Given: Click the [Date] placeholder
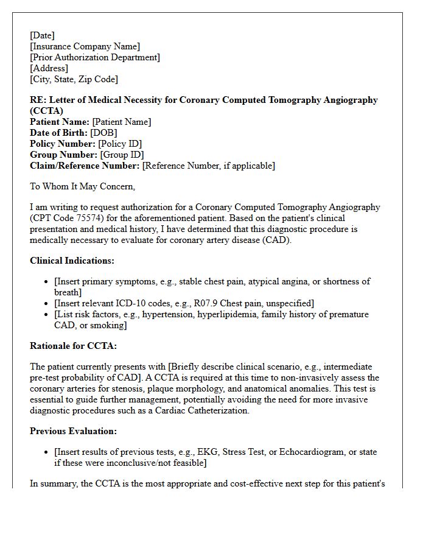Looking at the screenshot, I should coord(42,35).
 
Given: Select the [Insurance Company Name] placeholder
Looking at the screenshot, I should coord(85,46).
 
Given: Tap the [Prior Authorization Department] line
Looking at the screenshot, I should coord(95,57).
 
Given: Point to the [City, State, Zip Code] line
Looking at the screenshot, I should coord(74,79).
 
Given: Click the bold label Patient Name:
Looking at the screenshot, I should coord(60,122).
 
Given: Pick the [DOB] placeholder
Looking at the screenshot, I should coord(103,133).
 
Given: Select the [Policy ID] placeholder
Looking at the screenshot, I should coord(120,144).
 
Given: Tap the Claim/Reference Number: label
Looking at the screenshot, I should coord(85,166).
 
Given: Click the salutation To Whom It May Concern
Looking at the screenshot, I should coord(83,186).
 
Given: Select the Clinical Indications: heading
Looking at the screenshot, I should coord(72,261).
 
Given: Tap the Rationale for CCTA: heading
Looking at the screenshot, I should coord(73,346).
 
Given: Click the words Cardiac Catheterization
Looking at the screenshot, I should coord(194,410).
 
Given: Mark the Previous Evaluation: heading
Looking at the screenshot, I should coord(73,431).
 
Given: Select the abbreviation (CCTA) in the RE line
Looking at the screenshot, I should coord(46,111).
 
